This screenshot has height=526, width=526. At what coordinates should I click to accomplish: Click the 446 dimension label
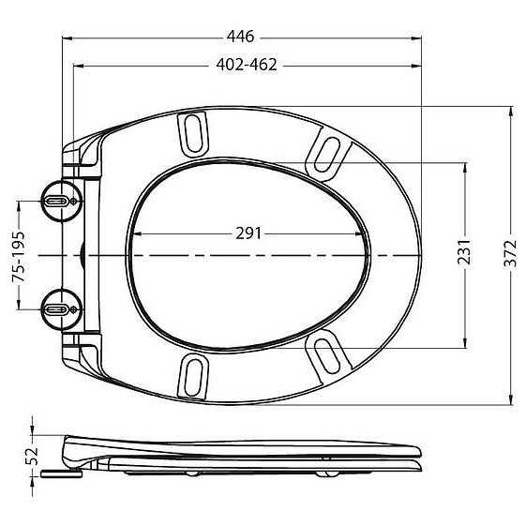pyautogui.click(x=241, y=37)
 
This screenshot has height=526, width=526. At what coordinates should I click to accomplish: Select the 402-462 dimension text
pyautogui.click(x=247, y=65)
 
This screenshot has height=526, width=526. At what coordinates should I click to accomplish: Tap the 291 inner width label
pyautogui.click(x=248, y=233)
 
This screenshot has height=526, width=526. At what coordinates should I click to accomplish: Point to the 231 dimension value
pyautogui.click(x=464, y=251)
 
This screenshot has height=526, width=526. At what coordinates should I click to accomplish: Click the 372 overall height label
pyautogui.click(x=510, y=253)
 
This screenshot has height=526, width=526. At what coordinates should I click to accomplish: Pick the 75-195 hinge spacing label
pyautogui.click(x=19, y=256)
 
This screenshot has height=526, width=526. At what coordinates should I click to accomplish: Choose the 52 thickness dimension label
pyautogui.click(x=32, y=456)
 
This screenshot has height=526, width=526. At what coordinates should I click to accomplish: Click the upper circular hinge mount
pyautogui.click(x=61, y=201)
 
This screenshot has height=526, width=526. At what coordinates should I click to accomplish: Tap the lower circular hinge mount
pyautogui.click(x=61, y=309)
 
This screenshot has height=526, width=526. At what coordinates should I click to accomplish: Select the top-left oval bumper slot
pyautogui.click(x=193, y=135)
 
